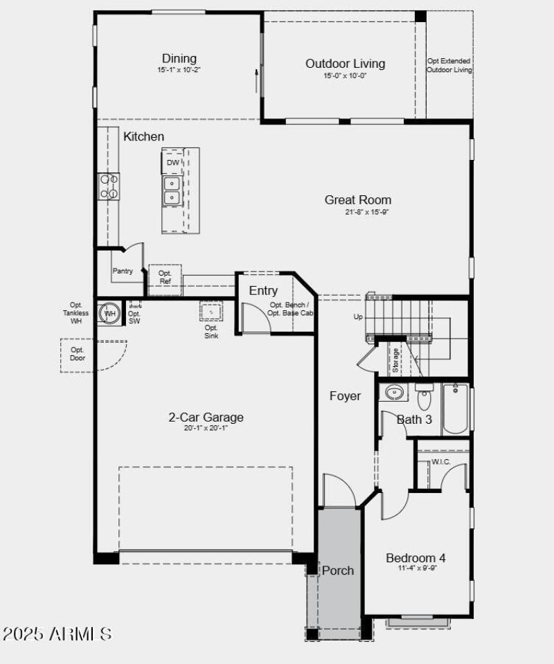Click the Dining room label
tap(179, 59)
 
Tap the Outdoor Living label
tap(345, 64)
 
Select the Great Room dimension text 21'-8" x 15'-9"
tap(367, 213)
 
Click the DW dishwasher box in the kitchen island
tap(172, 163)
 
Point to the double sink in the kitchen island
tap(172, 190)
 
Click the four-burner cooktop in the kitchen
tap(109, 187)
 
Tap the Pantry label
tap(123, 271)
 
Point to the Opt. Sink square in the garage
tap(211, 312)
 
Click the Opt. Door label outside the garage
tap(78, 354)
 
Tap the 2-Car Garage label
tap(206, 418)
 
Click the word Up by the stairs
tap(358, 317)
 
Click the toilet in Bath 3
tap(424, 399)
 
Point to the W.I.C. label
tap(441, 462)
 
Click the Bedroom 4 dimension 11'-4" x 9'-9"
tap(417, 568)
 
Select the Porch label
tap(338, 571)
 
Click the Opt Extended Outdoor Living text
tap(449, 66)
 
